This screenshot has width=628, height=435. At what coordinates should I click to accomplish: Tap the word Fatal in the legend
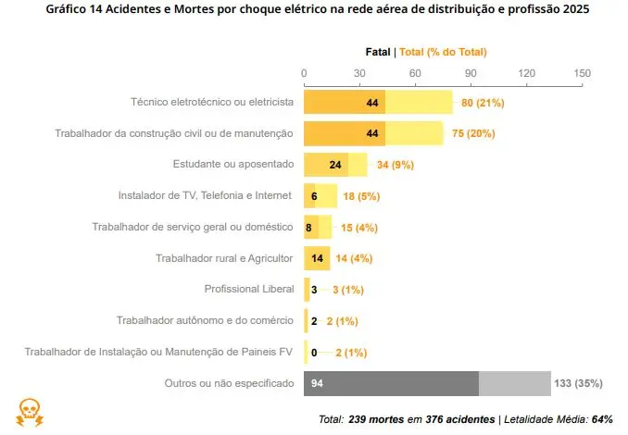(377, 52)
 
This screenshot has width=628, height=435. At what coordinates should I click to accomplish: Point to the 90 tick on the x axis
(471, 73)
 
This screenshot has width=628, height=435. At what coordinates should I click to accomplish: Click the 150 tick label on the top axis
(582, 73)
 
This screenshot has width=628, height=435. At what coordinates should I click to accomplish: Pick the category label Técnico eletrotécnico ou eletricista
(212, 102)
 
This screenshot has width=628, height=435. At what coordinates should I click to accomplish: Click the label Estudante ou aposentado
(233, 165)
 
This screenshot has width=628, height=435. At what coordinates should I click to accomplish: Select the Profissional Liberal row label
(249, 290)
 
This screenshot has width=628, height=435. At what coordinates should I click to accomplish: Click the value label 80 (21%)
(482, 102)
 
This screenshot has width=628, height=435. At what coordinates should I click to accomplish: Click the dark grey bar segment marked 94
(390, 383)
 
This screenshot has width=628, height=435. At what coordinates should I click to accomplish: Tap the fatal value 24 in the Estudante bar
(335, 165)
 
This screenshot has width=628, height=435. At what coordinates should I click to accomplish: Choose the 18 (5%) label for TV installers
(361, 196)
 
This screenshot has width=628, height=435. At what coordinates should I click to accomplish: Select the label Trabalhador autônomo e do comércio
(205, 321)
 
